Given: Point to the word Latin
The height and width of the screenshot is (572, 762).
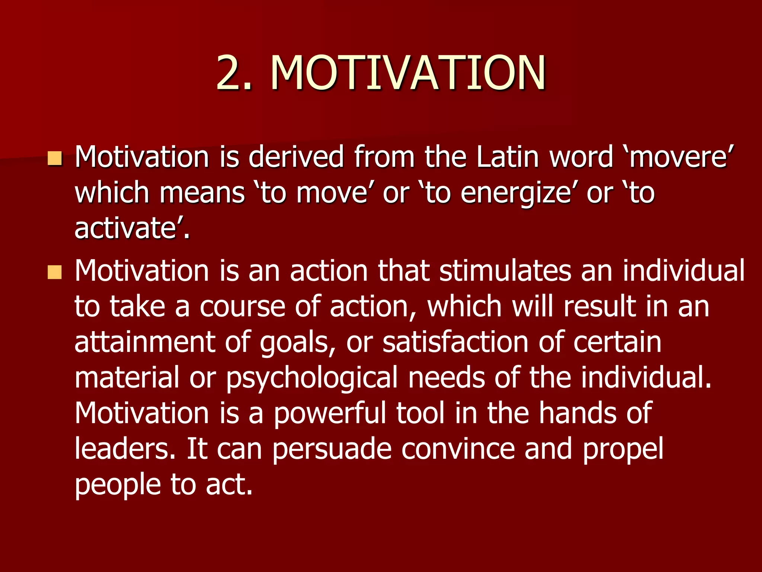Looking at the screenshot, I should pos(508,157).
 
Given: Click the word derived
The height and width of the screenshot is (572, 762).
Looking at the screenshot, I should pos(296,157).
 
